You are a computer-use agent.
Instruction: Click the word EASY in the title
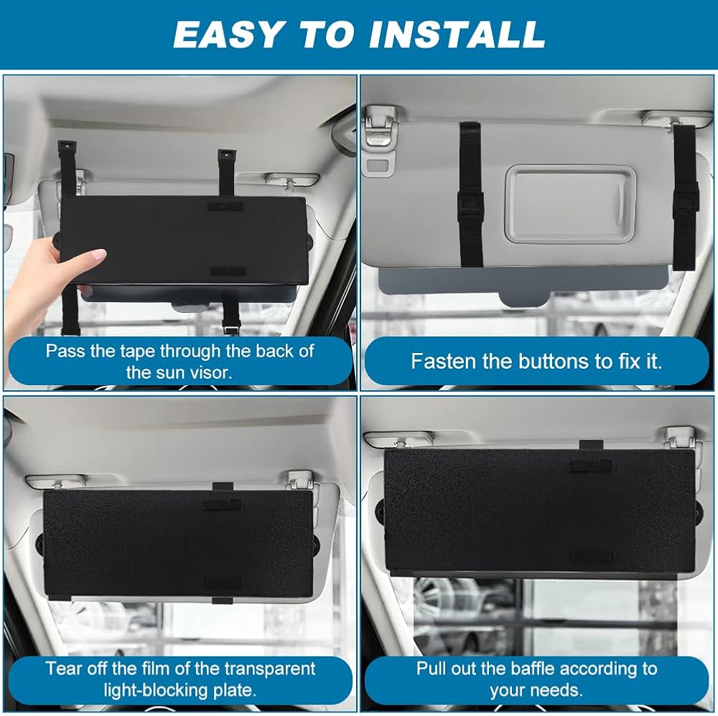[227, 34]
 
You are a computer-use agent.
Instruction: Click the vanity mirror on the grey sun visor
[570, 204]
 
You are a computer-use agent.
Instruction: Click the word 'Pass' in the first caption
[66, 352]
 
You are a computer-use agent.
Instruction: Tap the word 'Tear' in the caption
[64, 669]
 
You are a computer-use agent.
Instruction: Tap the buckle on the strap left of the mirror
[470, 205]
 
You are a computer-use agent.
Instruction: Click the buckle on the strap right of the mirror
[686, 197]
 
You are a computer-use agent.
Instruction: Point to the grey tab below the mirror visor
[524, 298]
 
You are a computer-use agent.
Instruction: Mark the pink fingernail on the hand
[99, 255]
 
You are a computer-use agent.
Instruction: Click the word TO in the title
[325, 34]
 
